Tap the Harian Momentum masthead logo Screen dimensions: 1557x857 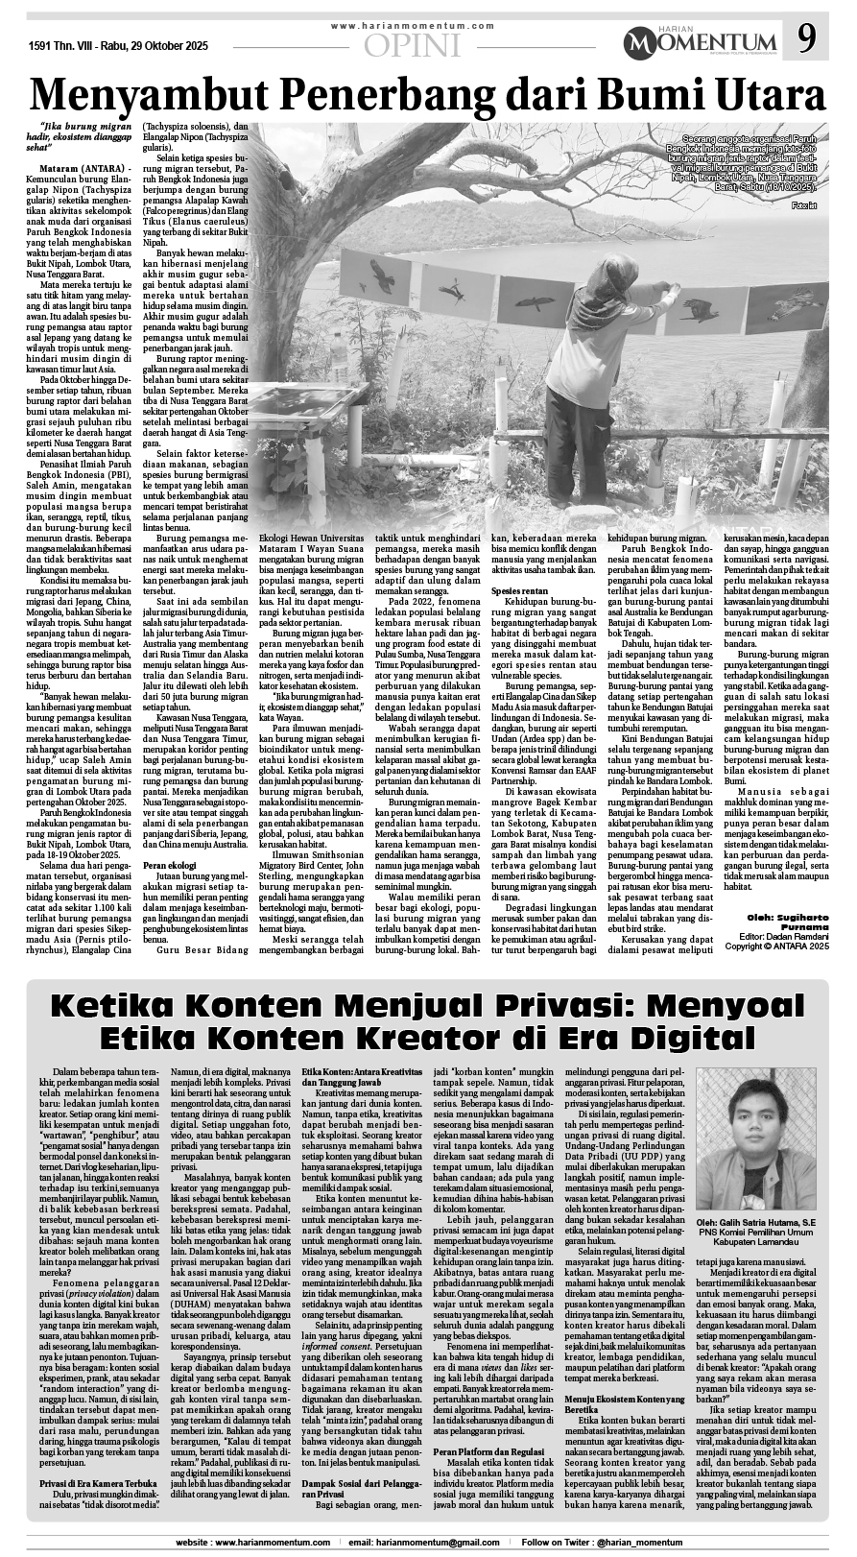tap(700, 42)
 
